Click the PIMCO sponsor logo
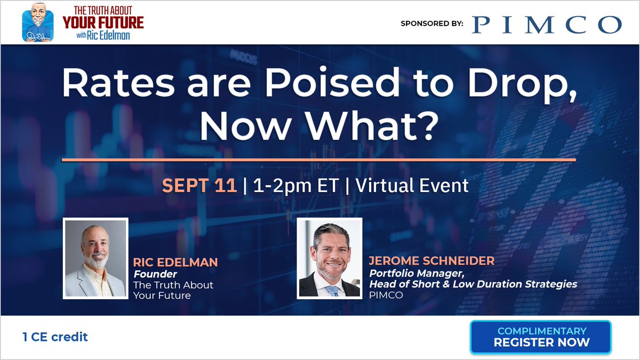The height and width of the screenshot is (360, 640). [547, 24]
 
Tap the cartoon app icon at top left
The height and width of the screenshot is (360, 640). [38, 22]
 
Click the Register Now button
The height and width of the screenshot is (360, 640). [541, 337]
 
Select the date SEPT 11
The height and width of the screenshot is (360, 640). [199, 186]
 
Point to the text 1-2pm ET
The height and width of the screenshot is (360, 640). [297, 186]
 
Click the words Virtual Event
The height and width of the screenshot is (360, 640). [412, 186]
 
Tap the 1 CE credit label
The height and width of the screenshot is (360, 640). [55, 337]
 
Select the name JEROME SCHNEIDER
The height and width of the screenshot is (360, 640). [431, 261]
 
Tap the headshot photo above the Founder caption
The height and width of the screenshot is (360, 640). [95, 258]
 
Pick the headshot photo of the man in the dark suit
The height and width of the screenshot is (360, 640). [329, 258]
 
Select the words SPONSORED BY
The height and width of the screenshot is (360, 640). [431, 23]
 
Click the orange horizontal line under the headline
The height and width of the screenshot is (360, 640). [319, 159]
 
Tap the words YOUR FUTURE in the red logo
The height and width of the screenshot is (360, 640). [103, 23]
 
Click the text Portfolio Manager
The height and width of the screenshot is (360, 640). [410, 274]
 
